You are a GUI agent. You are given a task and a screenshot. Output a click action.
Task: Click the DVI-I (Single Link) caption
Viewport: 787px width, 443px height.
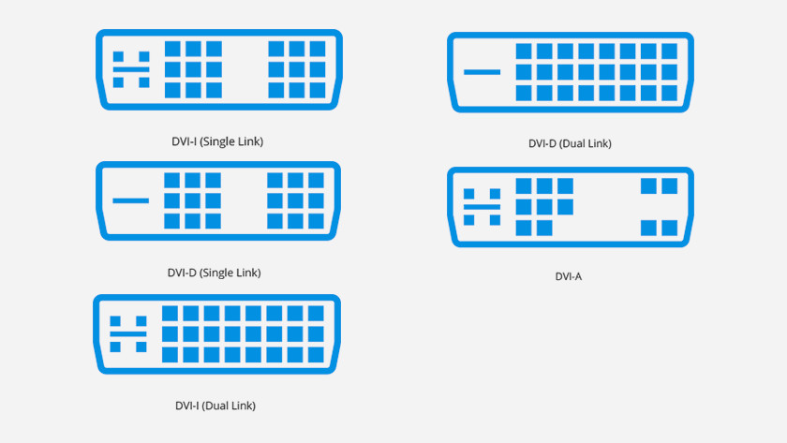click(x=217, y=141)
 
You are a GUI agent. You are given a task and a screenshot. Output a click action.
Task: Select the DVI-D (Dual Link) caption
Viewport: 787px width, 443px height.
click(x=570, y=143)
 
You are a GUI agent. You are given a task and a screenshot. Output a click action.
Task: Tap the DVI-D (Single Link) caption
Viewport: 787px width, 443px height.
click(x=215, y=273)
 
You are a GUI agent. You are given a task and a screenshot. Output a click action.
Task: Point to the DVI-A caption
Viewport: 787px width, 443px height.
click(x=568, y=276)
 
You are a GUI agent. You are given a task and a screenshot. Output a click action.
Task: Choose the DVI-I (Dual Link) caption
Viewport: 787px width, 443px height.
click(x=215, y=406)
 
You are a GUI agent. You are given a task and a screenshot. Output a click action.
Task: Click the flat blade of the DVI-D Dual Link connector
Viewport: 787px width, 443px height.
click(x=482, y=72)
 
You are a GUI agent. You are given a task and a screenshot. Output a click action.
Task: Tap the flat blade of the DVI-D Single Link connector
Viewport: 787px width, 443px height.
click(x=130, y=200)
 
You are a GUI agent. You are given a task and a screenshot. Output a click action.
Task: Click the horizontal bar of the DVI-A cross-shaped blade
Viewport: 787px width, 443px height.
click(x=482, y=207)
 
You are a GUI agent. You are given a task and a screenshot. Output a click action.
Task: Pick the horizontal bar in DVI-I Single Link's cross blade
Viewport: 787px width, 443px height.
click(x=131, y=69)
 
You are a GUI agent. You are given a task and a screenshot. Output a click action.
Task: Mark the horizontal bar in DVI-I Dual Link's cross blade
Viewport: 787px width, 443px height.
click(x=128, y=333)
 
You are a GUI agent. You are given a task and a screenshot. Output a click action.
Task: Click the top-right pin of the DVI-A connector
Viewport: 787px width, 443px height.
click(x=670, y=185)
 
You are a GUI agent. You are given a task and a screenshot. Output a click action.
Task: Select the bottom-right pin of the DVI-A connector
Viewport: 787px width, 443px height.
click(x=670, y=228)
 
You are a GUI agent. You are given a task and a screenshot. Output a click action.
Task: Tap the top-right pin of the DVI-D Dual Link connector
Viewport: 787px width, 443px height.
click(x=670, y=52)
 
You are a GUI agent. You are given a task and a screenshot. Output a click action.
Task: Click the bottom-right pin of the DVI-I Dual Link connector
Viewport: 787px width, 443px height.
click(x=316, y=355)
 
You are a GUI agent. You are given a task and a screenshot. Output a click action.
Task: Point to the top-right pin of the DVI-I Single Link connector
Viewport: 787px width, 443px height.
click(x=318, y=49)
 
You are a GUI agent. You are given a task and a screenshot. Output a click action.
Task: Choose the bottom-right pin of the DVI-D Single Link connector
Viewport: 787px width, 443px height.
click(x=317, y=221)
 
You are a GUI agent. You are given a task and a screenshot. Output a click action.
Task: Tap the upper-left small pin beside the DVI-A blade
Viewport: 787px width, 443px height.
click(x=468, y=194)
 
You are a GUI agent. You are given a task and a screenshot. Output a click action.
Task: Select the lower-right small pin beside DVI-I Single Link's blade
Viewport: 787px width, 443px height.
click(x=144, y=82)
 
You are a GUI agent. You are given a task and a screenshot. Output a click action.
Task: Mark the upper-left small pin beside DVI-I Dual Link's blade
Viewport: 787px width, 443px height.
click(x=115, y=321)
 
